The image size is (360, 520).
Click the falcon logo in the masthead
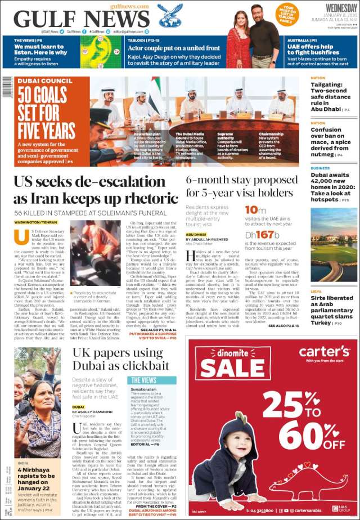coord(169,15)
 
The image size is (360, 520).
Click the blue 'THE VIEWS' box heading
coord(143,380)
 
